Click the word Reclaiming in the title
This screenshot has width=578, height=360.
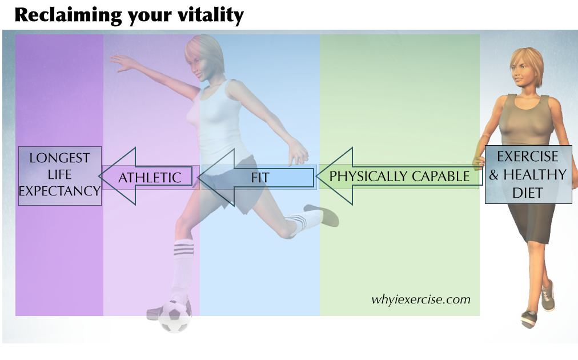coord(68,16)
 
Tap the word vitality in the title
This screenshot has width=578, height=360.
coord(211,16)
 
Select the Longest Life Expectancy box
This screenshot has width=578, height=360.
coord(60,175)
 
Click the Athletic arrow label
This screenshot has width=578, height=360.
coord(150,178)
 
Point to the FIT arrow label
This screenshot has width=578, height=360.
coord(260,178)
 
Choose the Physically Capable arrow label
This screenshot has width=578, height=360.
coord(399,177)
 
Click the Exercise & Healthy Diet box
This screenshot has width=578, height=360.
coord(528,174)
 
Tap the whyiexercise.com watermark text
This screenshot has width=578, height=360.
coord(420,299)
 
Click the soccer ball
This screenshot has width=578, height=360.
coord(175,316)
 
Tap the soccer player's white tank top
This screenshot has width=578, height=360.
coord(220,122)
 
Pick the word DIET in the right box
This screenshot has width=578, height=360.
coord(528,193)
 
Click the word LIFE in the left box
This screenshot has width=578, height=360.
coord(60,174)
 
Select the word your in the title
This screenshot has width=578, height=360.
coord(150,17)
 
